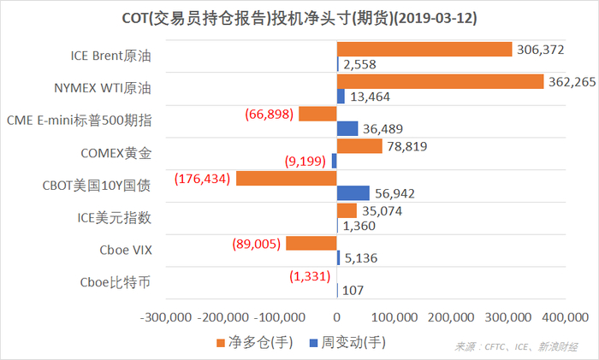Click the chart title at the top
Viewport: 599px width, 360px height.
tap(299, 18)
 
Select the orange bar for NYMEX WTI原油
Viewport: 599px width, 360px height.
tap(440, 81)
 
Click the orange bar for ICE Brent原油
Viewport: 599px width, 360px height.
tap(424, 50)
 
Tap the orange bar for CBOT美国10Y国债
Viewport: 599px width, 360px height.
tap(286, 179)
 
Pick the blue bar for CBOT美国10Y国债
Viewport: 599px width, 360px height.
tap(353, 193)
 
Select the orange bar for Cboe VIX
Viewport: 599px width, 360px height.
tap(311, 244)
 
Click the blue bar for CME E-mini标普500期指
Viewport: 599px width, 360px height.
tap(347, 128)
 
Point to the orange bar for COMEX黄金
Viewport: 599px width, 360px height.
tap(359, 146)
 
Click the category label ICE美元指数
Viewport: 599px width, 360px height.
tap(115, 218)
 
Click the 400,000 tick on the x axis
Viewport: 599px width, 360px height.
tap(555, 318)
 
